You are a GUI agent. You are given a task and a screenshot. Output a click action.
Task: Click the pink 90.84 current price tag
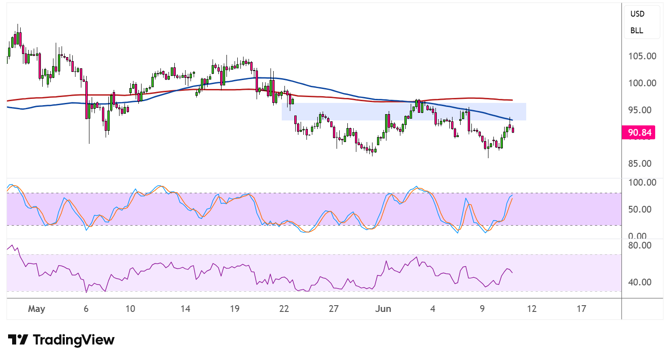pos(638,132)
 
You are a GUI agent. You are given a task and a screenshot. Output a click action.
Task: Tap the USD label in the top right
pos(637,14)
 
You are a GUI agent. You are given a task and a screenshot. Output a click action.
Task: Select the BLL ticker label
pos(636,31)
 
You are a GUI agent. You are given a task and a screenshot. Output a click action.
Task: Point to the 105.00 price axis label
pos(642,56)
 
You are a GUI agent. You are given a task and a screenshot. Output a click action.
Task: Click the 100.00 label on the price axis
pos(642,83)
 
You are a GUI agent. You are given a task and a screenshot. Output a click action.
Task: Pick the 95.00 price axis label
pos(640,110)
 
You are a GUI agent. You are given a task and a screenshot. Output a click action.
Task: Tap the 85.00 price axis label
pos(640,164)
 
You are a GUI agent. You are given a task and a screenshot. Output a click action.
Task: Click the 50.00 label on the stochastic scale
pos(640,209)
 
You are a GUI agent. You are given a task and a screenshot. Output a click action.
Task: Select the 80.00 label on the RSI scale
pos(640,245)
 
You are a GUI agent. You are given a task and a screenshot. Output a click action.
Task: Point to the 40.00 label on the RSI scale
pos(640,282)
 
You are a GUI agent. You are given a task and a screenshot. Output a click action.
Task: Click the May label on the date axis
pos(36,309)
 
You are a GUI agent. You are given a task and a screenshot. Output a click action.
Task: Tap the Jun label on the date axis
pos(383,308)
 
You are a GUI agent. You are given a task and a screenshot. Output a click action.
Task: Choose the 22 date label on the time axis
pos(284,308)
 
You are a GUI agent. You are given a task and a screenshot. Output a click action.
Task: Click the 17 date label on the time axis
pos(581,308)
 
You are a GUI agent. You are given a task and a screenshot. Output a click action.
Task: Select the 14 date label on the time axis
pos(185,308)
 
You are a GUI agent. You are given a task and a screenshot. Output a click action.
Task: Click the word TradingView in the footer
pos(74,340)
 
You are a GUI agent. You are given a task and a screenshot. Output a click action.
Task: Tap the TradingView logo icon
pos(18,340)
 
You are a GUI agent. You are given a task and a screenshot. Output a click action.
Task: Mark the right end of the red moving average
pos(512,100)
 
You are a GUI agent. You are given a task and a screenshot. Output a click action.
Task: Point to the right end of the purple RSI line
pos(512,273)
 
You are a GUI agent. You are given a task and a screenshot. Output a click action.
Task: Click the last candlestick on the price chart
pos(513,129)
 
